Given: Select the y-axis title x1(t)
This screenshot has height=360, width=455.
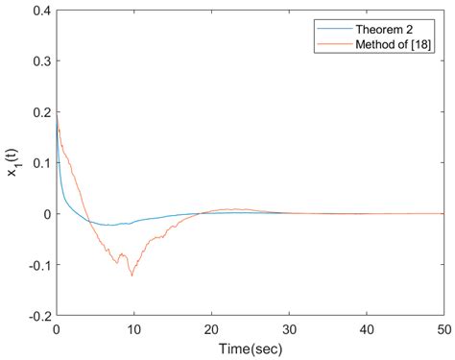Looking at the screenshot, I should [x=13, y=163].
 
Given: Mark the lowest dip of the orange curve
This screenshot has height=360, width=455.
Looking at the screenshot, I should [x=132, y=276].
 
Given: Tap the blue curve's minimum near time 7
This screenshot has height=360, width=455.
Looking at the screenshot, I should [x=111, y=226].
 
